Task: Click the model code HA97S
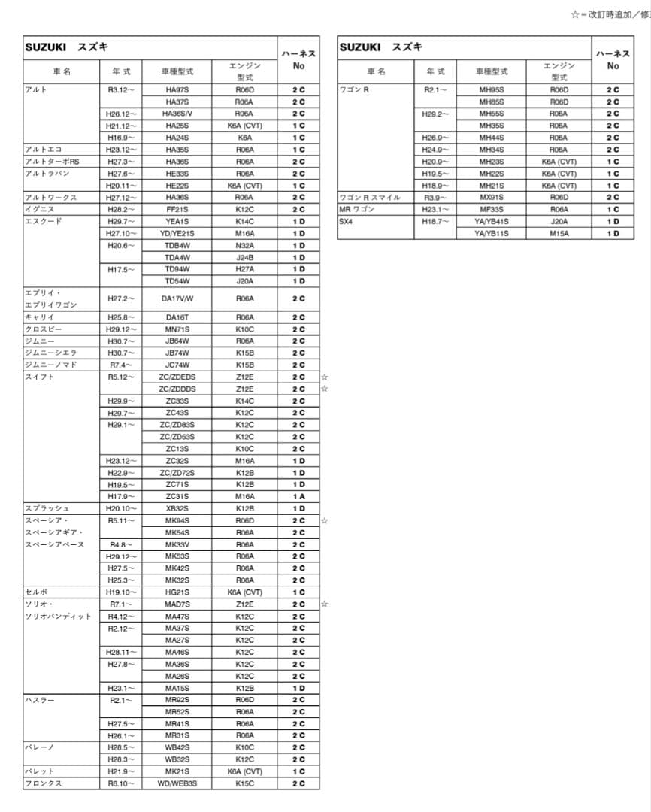point(177,90)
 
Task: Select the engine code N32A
point(244,245)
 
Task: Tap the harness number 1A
point(298,496)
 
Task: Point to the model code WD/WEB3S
point(177,783)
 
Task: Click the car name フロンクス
point(44,783)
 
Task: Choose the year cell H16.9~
point(121,138)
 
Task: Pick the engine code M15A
point(559,233)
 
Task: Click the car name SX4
point(346,222)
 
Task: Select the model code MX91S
point(492,198)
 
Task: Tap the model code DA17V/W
point(177,298)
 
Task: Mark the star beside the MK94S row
point(324,520)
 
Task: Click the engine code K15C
point(244,783)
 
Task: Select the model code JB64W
point(177,341)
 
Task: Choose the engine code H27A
point(244,269)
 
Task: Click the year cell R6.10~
point(121,783)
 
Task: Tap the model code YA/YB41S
point(492,222)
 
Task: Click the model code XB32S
point(177,508)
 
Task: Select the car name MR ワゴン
point(357,210)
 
